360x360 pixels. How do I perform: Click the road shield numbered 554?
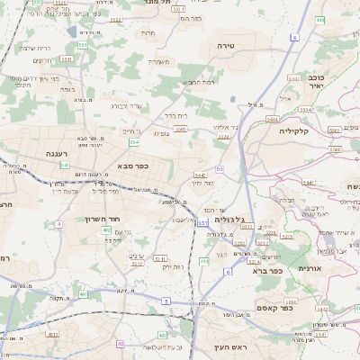coord(134,142)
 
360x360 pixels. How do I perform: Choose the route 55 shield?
coord(220,168)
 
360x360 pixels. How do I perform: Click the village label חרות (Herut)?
coord(148,32)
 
